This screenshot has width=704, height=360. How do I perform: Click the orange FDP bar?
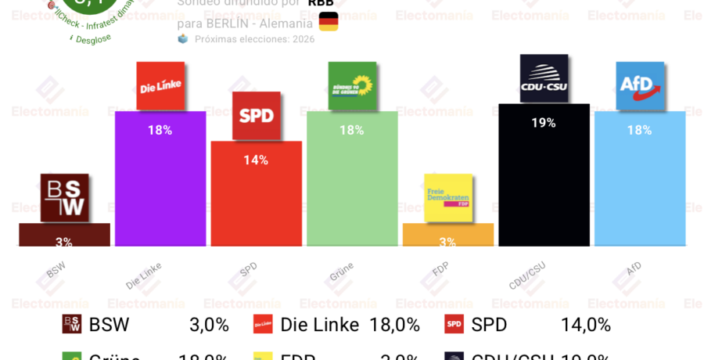447,235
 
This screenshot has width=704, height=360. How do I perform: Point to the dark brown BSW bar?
64,235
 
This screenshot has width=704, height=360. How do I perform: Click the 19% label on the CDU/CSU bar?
543,123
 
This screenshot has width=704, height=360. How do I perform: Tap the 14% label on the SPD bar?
256,160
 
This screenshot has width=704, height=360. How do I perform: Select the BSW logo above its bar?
64,197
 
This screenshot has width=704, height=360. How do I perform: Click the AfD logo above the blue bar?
639,85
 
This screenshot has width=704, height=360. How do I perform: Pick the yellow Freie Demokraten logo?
447,196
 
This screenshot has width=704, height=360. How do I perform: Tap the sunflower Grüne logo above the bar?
352,85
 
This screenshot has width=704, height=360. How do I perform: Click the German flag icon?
329,22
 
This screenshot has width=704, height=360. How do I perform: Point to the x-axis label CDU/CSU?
527,275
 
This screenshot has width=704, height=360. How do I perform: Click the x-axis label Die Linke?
144,275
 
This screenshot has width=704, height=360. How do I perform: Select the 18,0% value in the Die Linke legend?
394,325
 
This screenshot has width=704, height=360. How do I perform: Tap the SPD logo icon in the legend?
454,324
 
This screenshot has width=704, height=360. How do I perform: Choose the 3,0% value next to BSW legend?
209,325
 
